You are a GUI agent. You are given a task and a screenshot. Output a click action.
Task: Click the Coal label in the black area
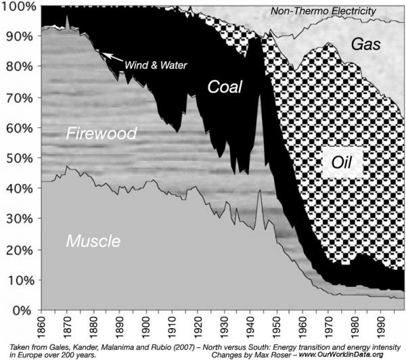[x=225, y=88]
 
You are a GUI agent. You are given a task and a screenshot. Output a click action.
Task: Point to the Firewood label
[x=101, y=133]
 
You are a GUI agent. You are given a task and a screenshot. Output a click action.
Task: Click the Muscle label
[x=93, y=241]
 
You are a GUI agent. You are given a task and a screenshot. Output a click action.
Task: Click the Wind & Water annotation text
[x=155, y=65]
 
